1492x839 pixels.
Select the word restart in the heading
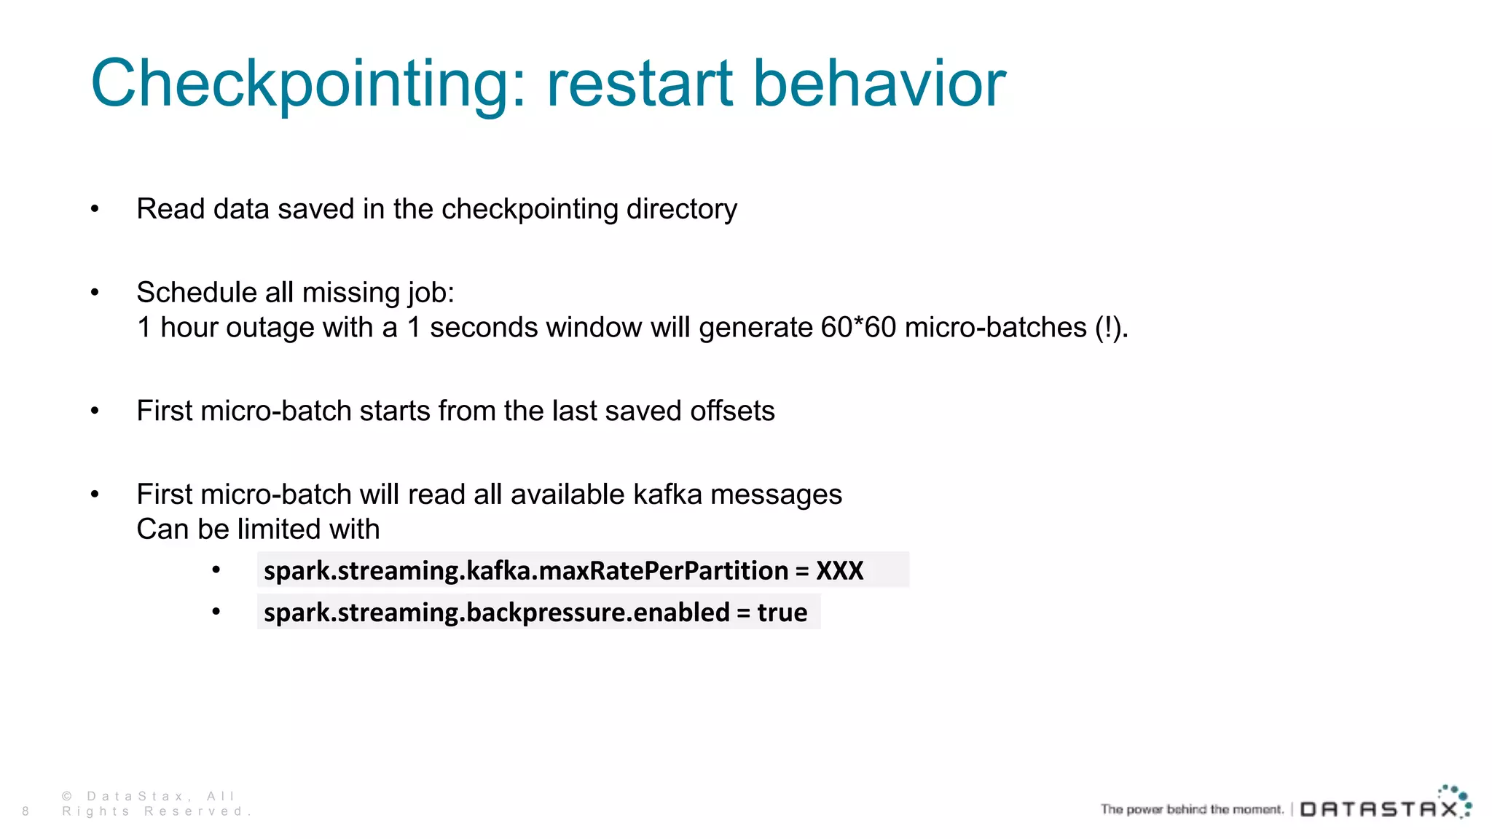pyautogui.click(x=640, y=84)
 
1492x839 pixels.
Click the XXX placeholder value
pyautogui.click(x=839, y=570)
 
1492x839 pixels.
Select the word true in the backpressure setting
pyautogui.click(x=782, y=612)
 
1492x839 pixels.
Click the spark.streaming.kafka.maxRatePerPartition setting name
pyautogui.click(x=525, y=570)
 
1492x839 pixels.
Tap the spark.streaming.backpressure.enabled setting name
pyautogui.click(x=496, y=612)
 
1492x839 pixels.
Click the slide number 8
pyautogui.click(x=25, y=811)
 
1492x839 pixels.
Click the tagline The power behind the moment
pyautogui.click(x=1191, y=809)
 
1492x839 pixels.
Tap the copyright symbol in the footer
pyautogui.click(x=67, y=796)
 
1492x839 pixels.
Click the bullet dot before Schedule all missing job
pyautogui.click(x=95, y=293)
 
